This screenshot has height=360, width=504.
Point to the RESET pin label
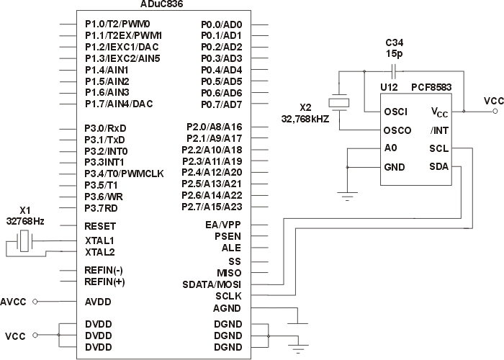pos(100,225)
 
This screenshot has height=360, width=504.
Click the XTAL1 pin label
pos(99,240)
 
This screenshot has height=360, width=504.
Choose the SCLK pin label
pos(228,296)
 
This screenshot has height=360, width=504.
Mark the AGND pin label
pos(228,308)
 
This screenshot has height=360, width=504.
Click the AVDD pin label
pos(99,301)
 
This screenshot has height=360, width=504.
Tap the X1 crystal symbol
pos(26,243)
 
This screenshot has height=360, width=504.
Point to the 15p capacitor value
pos(394,54)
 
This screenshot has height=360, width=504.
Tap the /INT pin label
pos(440,130)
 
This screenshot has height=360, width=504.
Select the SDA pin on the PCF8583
pos(439,167)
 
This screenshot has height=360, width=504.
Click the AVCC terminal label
pos(14,301)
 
